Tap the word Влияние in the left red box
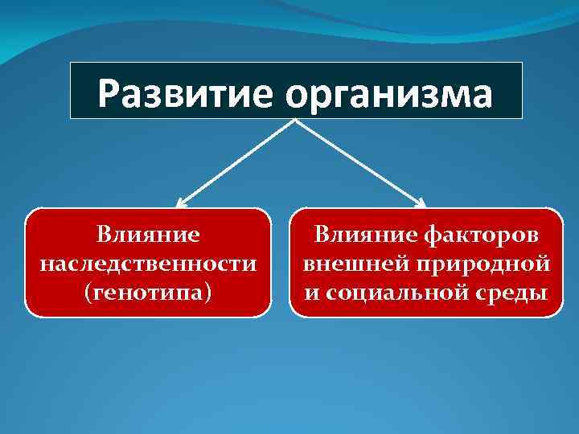pyautogui.click(x=147, y=235)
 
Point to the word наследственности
pyautogui.click(x=148, y=263)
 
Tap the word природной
pyautogui.click(x=487, y=263)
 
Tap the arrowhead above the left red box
pyautogui.click(x=182, y=203)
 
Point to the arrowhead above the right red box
pyautogui.click(x=421, y=203)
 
